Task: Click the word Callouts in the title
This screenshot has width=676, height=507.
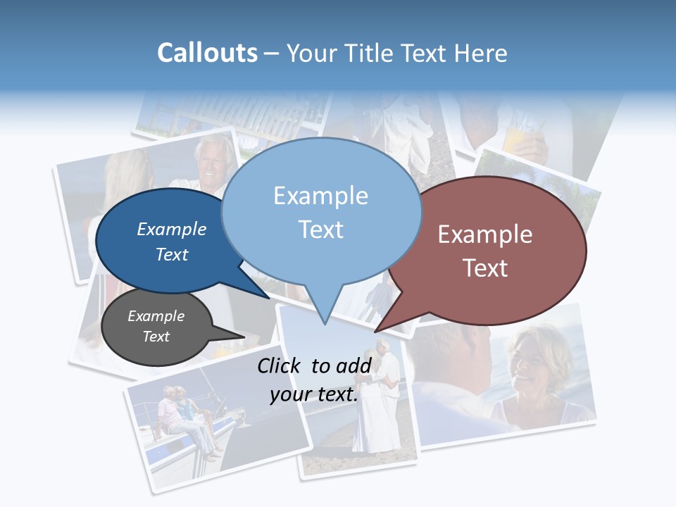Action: [207, 53]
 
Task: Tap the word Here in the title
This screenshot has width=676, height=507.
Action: [482, 53]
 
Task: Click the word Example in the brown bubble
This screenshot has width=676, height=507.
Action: [485, 234]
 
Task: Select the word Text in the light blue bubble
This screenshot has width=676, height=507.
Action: [321, 230]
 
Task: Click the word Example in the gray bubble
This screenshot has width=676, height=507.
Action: [156, 316]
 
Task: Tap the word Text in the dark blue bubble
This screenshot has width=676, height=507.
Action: [172, 254]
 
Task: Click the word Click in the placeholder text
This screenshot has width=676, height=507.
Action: [280, 365]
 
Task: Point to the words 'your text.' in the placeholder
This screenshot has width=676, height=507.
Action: [314, 394]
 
